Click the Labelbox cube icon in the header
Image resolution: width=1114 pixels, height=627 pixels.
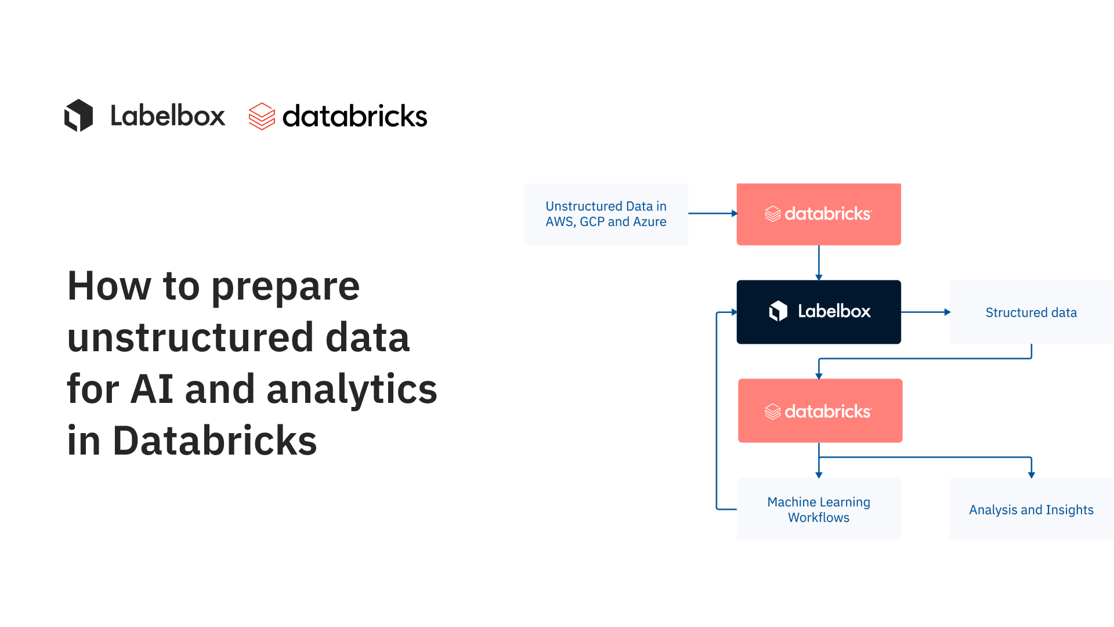(x=79, y=116)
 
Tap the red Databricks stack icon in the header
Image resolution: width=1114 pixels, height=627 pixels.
(x=262, y=116)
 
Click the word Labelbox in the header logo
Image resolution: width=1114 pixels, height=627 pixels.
(x=168, y=116)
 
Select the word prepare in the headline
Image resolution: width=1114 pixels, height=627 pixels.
(x=285, y=287)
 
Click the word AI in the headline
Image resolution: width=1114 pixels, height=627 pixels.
(x=152, y=389)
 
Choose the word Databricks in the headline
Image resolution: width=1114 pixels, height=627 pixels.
(x=215, y=441)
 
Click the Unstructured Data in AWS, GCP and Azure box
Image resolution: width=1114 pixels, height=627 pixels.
(x=606, y=214)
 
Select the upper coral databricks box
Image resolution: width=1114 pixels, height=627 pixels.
(x=819, y=214)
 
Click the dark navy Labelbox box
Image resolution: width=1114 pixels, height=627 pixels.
(x=819, y=312)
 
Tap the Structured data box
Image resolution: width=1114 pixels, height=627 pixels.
(x=1031, y=312)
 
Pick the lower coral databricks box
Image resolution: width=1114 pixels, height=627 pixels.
(x=820, y=411)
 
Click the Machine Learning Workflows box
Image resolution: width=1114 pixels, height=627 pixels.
(x=819, y=509)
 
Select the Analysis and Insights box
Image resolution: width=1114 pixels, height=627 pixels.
(x=1031, y=509)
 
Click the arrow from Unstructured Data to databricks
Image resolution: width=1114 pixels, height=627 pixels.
(x=712, y=214)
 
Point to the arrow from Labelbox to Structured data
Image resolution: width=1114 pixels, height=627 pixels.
(x=925, y=312)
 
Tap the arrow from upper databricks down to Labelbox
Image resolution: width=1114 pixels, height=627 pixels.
(x=819, y=262)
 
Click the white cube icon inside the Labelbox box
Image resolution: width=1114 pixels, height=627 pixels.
(x=778, y=311)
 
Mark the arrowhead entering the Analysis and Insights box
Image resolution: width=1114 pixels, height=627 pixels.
(x=1032, y=474)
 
